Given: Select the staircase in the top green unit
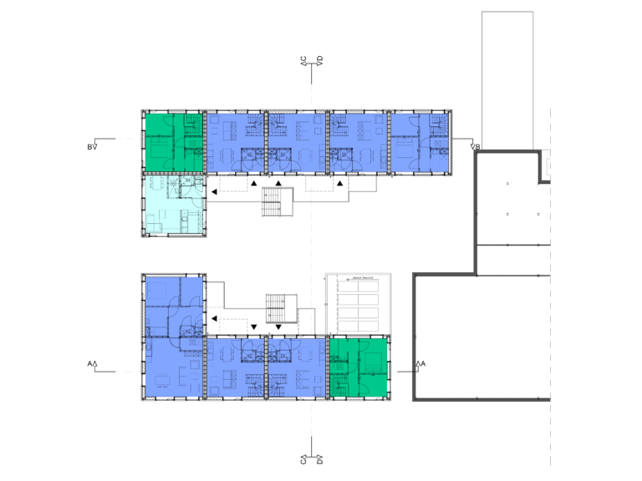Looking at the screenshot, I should point(192,125).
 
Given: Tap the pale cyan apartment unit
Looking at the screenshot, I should point(173,204).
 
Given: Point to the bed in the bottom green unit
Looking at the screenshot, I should point(373,362).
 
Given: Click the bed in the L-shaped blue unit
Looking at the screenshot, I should point(161,292).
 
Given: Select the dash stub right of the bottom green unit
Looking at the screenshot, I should point(394,372).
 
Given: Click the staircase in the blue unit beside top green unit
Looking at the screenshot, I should point(252,125).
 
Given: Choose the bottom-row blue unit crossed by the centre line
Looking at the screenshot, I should point(297,367).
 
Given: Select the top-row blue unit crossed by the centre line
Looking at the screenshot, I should point(297,143).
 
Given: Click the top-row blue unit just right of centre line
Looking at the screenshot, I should point(358,143).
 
